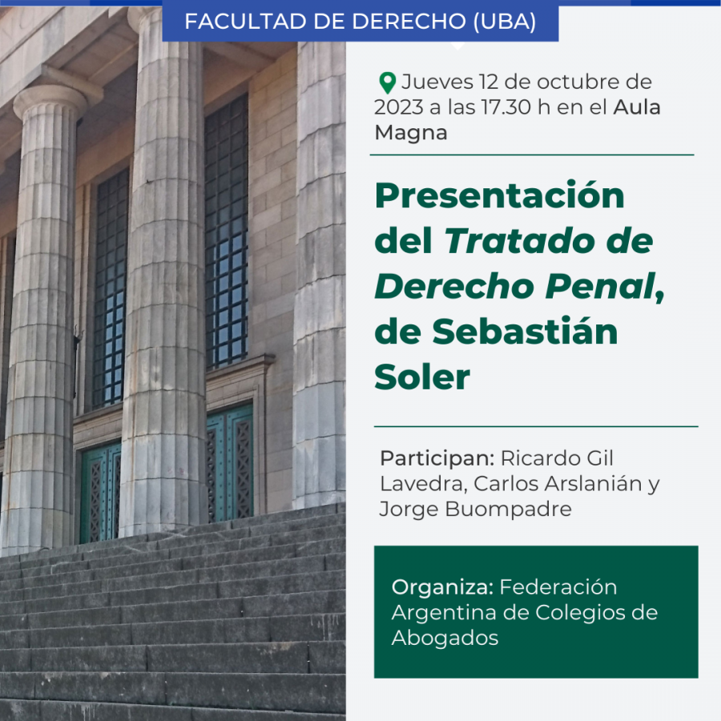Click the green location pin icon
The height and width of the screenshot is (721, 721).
click(x=387, y=83)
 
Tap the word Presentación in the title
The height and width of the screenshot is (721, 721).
click(x=499, y=195)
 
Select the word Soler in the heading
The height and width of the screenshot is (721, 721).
click(x=422, y=377)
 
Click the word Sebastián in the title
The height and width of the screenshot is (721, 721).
click(x=525, y=331)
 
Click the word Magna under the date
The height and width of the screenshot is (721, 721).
click(x=411, y=132)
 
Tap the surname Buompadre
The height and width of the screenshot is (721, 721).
click(x=509, y=509)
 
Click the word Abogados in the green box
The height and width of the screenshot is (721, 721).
click(x=445, y=638)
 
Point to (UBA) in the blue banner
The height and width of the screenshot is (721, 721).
click(x=505, y=22)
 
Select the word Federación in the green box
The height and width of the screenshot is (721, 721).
click(x=558, y=587)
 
